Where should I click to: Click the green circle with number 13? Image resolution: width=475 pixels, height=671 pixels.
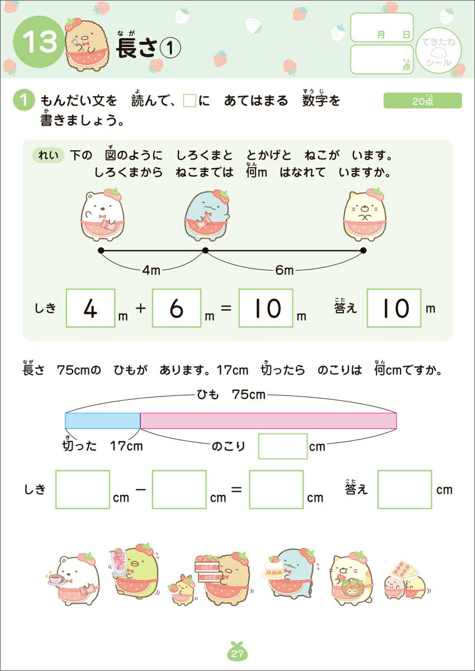coord(39,42)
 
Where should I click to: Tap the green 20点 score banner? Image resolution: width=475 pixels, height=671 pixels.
coord(422,101)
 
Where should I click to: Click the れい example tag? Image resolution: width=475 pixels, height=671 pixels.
coord(48,155)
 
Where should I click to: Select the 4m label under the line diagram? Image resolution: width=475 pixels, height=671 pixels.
coord(151,270)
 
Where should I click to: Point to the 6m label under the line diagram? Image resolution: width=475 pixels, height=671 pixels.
coord(284,270)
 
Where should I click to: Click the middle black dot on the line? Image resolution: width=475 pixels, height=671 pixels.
coord(205,250)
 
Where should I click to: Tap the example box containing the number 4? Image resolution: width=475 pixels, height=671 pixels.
coord(91,308)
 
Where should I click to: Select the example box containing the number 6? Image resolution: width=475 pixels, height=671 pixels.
coord(177,308)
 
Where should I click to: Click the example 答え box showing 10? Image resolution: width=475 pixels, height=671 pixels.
coord(394,308)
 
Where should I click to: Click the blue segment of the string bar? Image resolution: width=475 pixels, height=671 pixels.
coord(103,420)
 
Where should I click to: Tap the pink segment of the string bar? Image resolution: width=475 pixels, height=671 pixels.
coord(268,420)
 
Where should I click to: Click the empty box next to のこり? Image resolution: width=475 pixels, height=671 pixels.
coord(283,446)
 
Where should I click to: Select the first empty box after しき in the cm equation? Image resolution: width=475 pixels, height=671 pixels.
coord(83,489)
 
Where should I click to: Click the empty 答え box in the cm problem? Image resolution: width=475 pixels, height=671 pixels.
coord(405,489)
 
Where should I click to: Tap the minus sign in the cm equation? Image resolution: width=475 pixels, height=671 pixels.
coord(140,490)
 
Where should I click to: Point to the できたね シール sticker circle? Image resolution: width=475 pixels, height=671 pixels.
coord(439,51)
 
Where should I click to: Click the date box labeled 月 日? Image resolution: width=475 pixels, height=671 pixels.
coord(382,27)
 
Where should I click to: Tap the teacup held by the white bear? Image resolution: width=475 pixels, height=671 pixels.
coord(56,579)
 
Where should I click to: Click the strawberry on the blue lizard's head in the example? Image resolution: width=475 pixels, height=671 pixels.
coord(221,196)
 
